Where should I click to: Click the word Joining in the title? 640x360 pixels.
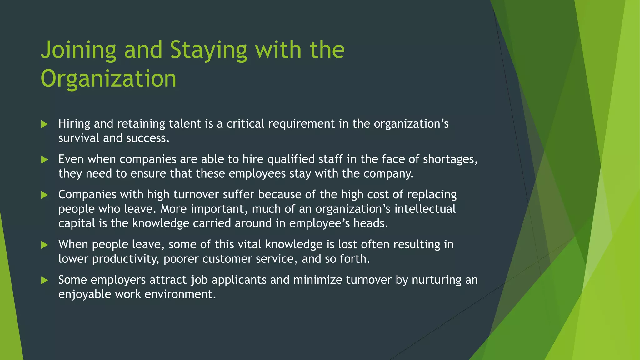(78, 50)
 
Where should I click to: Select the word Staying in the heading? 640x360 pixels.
(208, 50)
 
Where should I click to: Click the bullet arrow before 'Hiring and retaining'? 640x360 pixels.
(45, 124)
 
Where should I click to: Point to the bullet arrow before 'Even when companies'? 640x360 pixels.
(45, 160)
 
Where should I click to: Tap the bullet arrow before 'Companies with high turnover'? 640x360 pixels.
(45, 195)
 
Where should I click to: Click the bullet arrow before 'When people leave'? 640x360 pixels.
(45, 245)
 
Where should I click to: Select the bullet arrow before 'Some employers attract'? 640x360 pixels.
(45, 280)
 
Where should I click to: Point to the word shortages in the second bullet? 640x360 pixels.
(450, 159)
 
